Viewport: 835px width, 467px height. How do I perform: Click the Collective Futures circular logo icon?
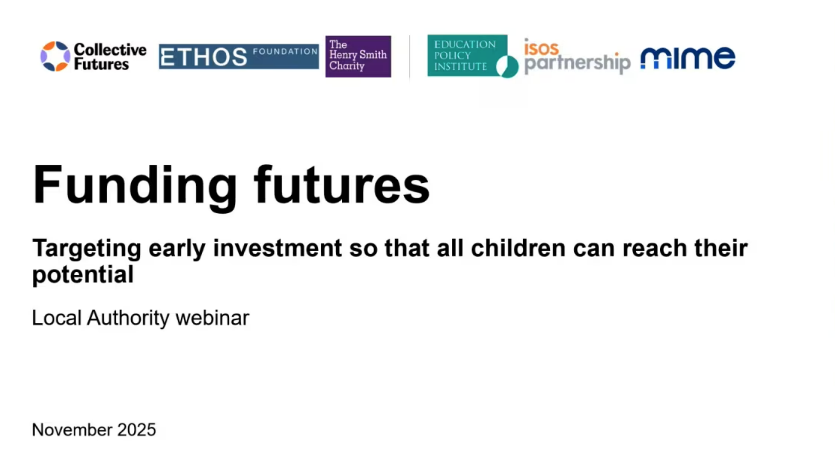click(55, 56)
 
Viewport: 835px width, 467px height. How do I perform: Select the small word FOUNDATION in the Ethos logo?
click(285, 51)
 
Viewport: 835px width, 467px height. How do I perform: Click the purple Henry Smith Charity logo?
click(358, 57)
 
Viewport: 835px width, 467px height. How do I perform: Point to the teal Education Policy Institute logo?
click(473, 56)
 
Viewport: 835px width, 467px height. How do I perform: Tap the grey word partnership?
click(577, 63)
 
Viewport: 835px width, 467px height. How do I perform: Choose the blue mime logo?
click(688, 58)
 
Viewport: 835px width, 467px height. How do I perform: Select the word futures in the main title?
click(342, 184)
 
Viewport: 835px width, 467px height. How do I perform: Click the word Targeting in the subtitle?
click(87, 249)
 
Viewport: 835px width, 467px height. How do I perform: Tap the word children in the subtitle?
click(518, 248)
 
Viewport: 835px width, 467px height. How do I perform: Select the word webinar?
click(212, 318)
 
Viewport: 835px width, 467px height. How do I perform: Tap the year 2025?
click(137, 430)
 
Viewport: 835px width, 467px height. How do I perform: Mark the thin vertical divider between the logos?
click(410, 57)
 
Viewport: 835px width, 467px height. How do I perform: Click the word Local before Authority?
click(56, 318)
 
